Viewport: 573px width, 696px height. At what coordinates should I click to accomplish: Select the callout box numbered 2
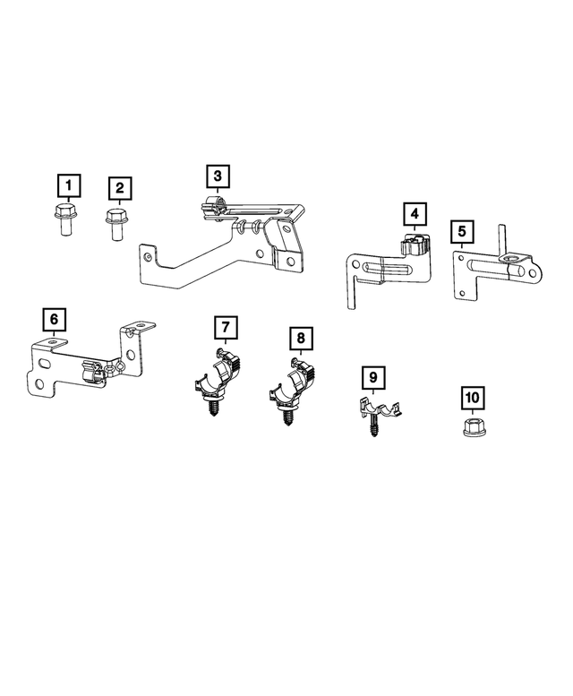[x=119, y=189]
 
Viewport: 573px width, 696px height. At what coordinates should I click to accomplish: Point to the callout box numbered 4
[x=414, y=215]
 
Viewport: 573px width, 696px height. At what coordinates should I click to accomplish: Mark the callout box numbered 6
[x=54, y=319]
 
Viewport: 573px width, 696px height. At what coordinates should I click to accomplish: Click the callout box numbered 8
[x=301, y=339]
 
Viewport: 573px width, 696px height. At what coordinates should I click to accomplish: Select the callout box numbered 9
[x=371, y=378]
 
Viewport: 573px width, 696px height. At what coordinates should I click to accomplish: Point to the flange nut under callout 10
[x=470, y=427]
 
